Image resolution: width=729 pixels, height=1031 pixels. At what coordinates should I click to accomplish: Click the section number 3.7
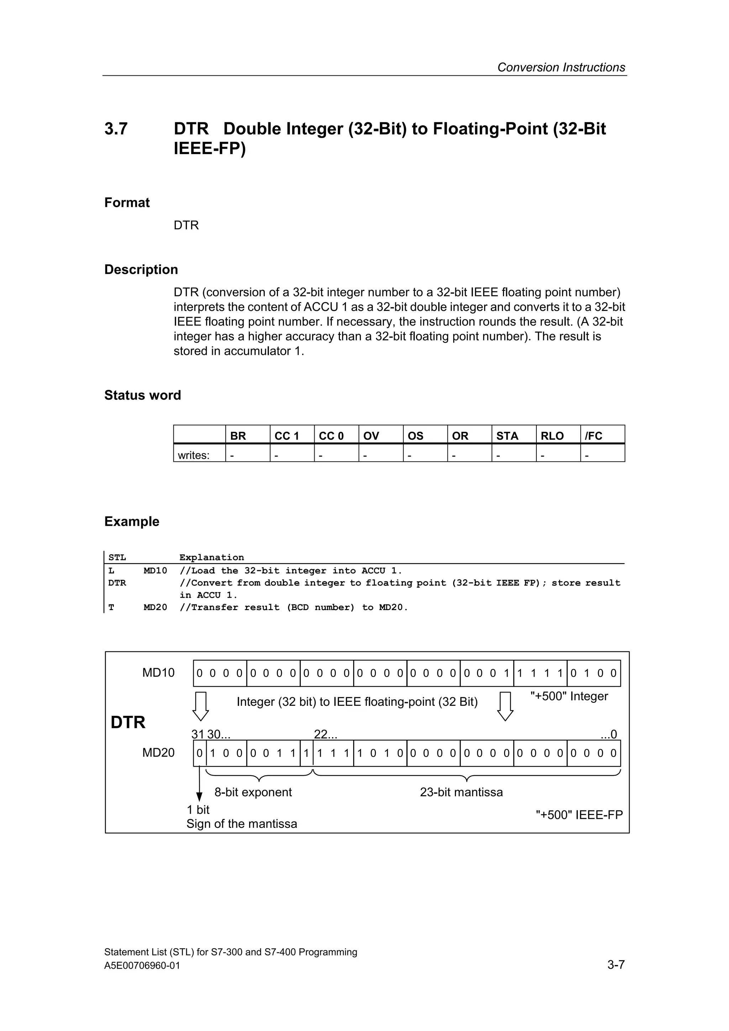tap(116, 129)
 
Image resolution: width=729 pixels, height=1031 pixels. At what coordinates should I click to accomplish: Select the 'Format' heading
tap(127, 202)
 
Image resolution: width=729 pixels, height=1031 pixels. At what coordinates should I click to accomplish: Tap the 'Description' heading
tap(141, 269)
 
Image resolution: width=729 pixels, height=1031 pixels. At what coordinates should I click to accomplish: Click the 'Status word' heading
tap(142, 395)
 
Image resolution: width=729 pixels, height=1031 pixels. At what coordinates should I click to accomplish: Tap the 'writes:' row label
tap(194, 455)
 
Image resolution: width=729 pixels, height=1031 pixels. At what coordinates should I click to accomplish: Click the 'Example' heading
tap(132, 521)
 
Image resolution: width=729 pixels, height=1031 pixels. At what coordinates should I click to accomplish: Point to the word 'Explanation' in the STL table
tap(211, 557)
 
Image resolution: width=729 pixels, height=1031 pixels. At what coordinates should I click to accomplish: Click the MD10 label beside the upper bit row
tap(158, 673)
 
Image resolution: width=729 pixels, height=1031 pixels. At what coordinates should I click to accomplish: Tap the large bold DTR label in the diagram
tap(128, 723)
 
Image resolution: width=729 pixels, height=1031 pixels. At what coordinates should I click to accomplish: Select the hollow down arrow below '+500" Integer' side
tap(505, 706)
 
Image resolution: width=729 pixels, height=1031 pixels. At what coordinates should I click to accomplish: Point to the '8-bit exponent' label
tap(253, 792)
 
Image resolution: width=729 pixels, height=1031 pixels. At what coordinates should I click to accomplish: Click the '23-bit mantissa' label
tap(461, 792)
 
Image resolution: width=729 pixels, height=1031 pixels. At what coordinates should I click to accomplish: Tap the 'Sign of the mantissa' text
tap(242, 824)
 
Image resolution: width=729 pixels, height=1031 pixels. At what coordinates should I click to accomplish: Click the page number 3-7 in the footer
tap(616, 964)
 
